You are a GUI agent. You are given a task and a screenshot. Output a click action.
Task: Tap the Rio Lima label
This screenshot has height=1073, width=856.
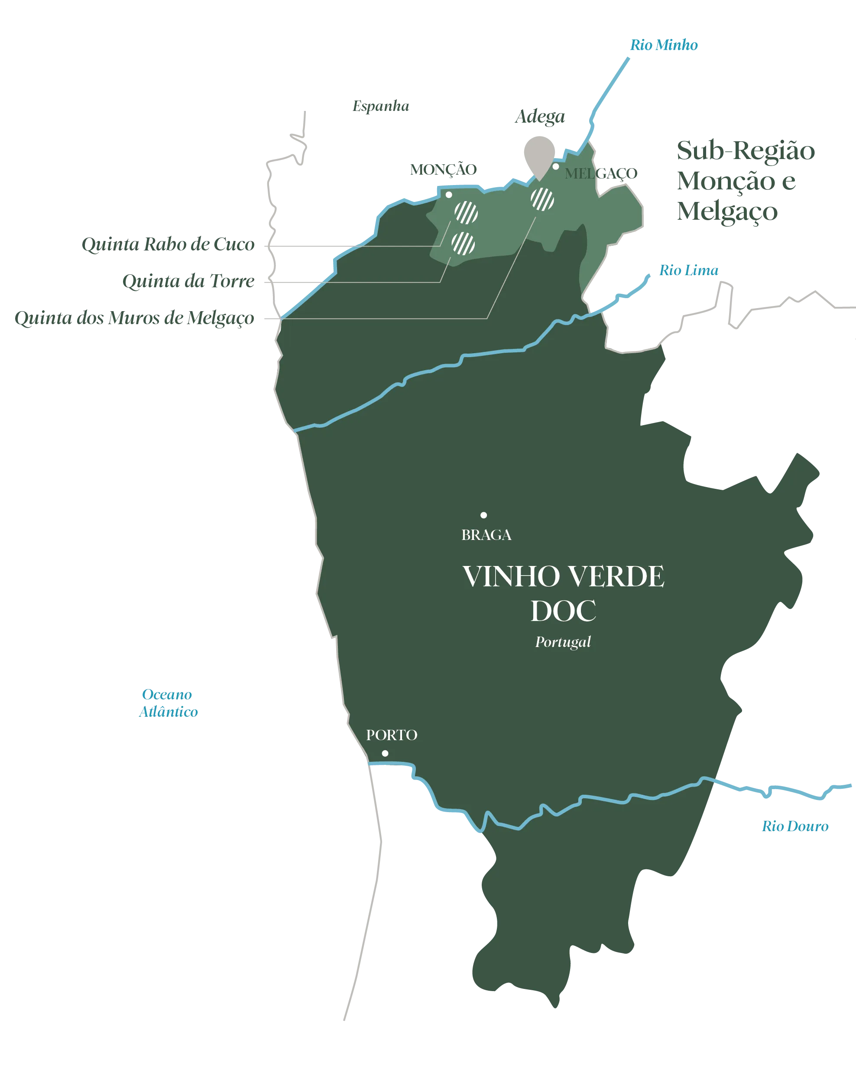[x=688, y=270]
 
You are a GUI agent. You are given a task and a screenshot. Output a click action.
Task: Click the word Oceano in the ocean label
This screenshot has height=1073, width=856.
[x=167, y=694]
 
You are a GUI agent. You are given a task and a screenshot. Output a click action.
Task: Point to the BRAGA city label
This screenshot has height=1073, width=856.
[x=486, y=535]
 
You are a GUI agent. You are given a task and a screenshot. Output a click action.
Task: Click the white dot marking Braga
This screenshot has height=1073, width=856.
[x=483, y=515]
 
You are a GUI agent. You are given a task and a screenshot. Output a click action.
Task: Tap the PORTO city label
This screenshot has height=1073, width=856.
[x=392, y=735]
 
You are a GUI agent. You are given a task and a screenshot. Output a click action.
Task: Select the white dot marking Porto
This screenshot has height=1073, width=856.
[x=385, y=753]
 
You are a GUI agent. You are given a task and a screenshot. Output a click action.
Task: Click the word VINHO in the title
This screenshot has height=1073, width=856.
[x=511, y=576]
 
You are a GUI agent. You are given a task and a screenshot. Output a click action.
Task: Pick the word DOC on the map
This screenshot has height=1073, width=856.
[x=563, y=611]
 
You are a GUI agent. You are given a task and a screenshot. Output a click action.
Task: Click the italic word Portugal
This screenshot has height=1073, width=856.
[x=563, y=642]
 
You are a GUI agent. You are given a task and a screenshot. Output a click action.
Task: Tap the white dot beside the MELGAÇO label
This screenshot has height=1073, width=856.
[x=556, y=166]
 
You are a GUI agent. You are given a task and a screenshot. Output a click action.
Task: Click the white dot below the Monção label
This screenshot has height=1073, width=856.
[x=449, y=195]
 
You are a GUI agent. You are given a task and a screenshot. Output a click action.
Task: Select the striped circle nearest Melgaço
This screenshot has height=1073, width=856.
[x=542, y=199]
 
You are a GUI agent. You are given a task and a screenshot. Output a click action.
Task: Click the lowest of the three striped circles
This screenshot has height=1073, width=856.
[x=463, y=244]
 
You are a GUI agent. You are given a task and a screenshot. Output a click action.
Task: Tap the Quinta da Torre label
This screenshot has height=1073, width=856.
[x=188, y=281]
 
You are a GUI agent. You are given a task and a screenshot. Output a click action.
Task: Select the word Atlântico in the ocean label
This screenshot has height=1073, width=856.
[x=169, y=711]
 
